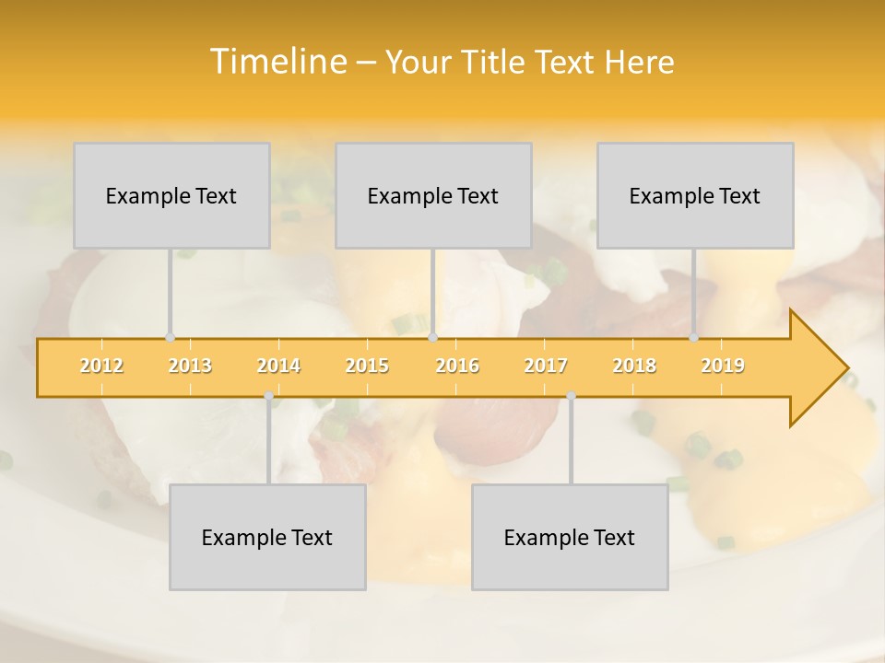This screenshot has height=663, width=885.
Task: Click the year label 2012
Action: tap(101, 366)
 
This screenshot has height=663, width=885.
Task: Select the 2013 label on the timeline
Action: tap(190, 366)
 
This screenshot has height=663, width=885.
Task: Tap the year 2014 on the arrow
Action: tap(278, 366)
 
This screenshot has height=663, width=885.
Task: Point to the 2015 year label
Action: tap(367, 366)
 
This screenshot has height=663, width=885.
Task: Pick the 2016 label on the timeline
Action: tap(457, 366)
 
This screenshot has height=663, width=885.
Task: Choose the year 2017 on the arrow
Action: tap(546, 366)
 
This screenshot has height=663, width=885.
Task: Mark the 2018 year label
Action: tap(634, 366)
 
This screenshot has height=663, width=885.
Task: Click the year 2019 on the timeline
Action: tap(723, 366)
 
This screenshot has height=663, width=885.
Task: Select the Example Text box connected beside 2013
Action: tap(171, 195)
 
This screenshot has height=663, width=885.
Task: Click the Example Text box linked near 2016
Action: tap(433, 195)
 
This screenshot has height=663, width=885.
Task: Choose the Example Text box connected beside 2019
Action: tap(695, 195)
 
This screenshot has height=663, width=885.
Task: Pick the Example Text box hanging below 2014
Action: tap(267, 537)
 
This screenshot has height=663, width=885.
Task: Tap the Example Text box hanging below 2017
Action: tap(570, 537)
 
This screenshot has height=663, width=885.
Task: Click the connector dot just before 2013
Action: tap(170, 337)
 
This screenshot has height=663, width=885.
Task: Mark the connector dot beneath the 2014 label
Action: tap(268, 396)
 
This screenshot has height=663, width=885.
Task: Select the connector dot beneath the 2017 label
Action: tap(571, 396)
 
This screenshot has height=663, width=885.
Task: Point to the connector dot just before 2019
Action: tap(694, 337)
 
